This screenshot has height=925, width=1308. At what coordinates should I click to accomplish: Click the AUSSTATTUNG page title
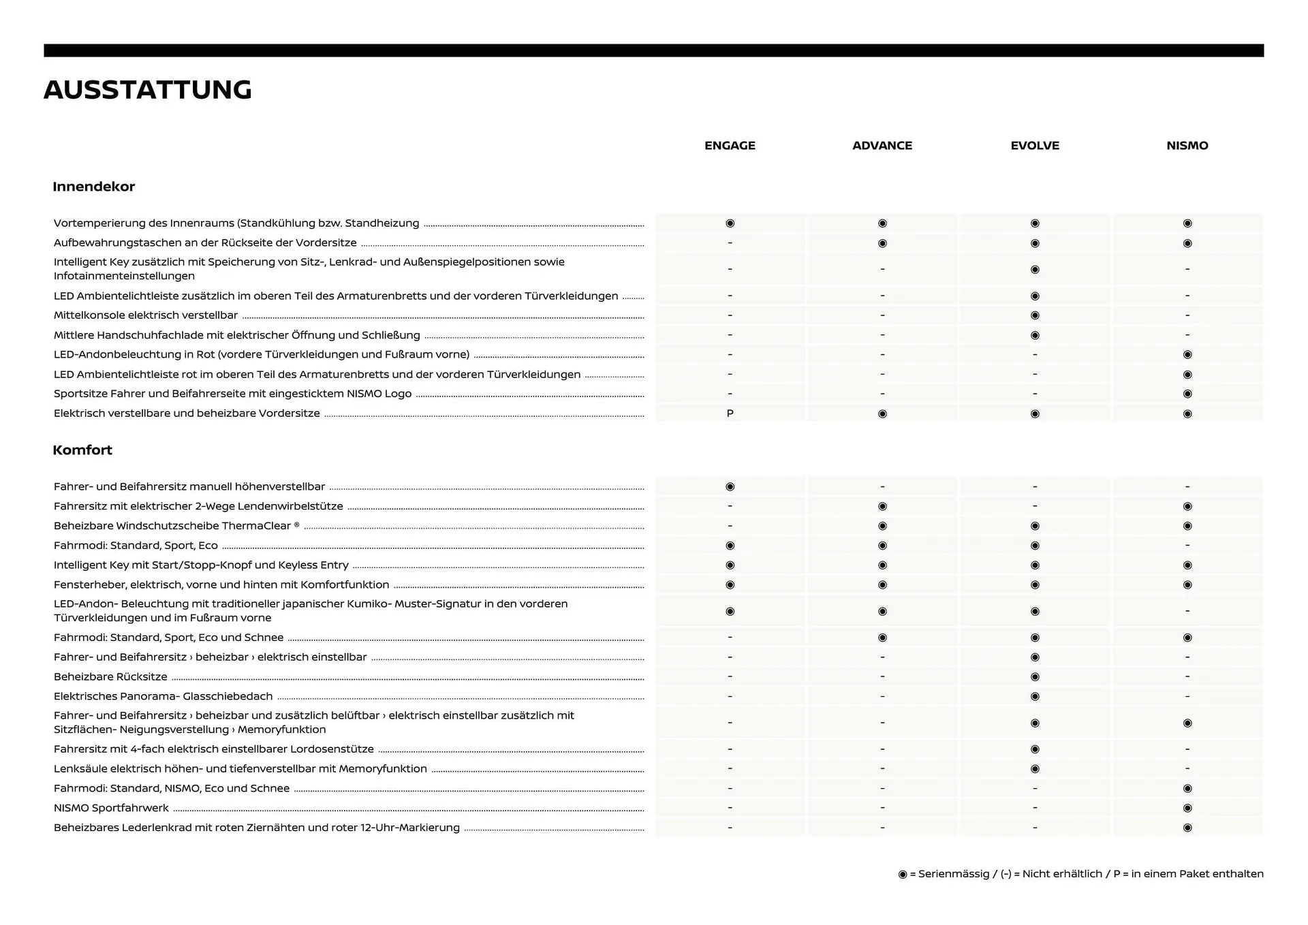(148, 90)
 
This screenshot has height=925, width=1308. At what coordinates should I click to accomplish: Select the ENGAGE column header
(730, 146)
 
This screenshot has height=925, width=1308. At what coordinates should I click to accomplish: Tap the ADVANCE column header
(882, 146)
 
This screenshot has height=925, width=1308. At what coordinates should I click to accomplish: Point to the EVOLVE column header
(1035, 146)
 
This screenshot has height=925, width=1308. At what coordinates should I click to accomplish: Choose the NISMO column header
(1187, 146)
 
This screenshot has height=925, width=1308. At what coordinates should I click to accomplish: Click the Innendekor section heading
(94, 187)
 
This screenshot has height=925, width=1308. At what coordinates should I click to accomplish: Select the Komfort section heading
(82, 450)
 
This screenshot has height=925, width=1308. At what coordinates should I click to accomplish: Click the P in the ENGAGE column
(730, 413)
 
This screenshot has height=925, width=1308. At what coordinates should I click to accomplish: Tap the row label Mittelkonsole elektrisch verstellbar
(146, 315)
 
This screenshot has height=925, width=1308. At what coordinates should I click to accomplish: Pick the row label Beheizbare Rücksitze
(110, 677)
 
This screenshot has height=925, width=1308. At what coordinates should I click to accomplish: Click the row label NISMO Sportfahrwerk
(111, 808)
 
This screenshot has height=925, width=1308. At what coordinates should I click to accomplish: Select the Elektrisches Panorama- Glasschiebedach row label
(163, 696)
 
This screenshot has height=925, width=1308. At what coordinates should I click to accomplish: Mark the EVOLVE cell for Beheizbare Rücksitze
(1035, 677)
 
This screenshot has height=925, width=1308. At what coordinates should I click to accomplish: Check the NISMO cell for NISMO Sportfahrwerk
(1187, 809)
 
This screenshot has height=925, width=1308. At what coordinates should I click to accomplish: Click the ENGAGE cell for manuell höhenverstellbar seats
(730, 487)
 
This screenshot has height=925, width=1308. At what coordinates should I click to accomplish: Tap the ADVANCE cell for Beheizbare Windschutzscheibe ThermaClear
(882, 526)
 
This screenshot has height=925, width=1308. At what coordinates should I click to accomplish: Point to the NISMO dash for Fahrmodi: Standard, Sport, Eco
(1187, 546)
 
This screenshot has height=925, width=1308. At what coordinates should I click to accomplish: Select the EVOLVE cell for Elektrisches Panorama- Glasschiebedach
(1035, 697)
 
